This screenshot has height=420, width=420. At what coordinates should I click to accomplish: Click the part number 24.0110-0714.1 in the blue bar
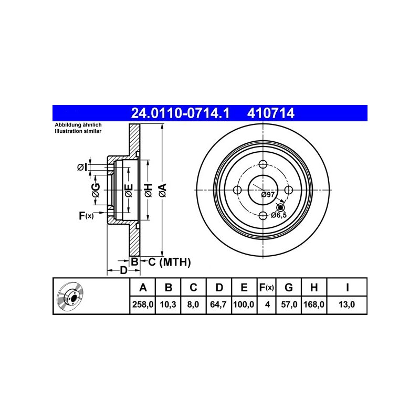[x=180, y=113]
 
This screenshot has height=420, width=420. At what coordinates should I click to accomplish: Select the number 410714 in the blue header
[x=271, y=113]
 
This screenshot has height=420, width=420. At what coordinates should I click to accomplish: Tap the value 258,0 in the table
[x=143, y=304]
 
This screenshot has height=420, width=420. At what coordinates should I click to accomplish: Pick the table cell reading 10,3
[x=168, y=304]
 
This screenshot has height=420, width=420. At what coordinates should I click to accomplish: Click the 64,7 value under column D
[x=218, y=304]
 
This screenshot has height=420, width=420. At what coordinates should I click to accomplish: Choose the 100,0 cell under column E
[x=244, y=304]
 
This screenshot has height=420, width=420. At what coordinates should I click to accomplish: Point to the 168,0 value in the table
[x=314, y=304]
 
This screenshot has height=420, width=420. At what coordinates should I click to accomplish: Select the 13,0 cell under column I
[x=346, y=304]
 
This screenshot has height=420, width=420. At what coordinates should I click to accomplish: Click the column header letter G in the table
[x=288, y=287]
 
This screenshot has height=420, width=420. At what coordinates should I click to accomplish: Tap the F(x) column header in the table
[x=267, y=287]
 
